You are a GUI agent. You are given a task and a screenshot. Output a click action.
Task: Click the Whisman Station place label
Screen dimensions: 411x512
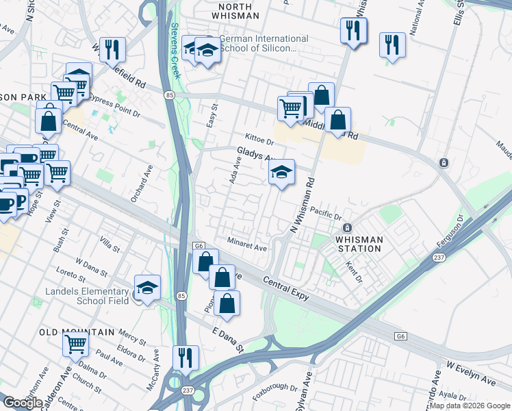(x=359, y=243)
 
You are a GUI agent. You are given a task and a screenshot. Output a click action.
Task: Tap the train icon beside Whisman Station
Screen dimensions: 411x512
(x=347, y=227)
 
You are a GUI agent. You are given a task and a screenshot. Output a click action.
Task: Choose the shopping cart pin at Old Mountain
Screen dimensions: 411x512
(x=76, y=343)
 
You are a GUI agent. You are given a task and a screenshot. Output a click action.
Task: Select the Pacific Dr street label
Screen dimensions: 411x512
(x=326, y=212)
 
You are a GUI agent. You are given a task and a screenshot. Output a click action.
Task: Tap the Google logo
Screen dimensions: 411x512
(x=23, y=403)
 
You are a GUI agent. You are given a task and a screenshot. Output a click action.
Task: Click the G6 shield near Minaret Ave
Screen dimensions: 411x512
(x=199, y=245)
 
